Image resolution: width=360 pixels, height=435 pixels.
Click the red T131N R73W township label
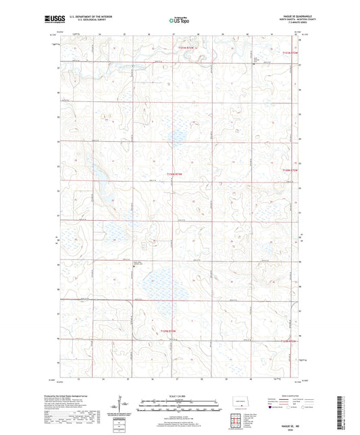[x=186, y=48]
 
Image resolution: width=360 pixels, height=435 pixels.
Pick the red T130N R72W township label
[x=289, y=172]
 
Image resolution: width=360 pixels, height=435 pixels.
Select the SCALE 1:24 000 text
[x=179, y=395]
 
